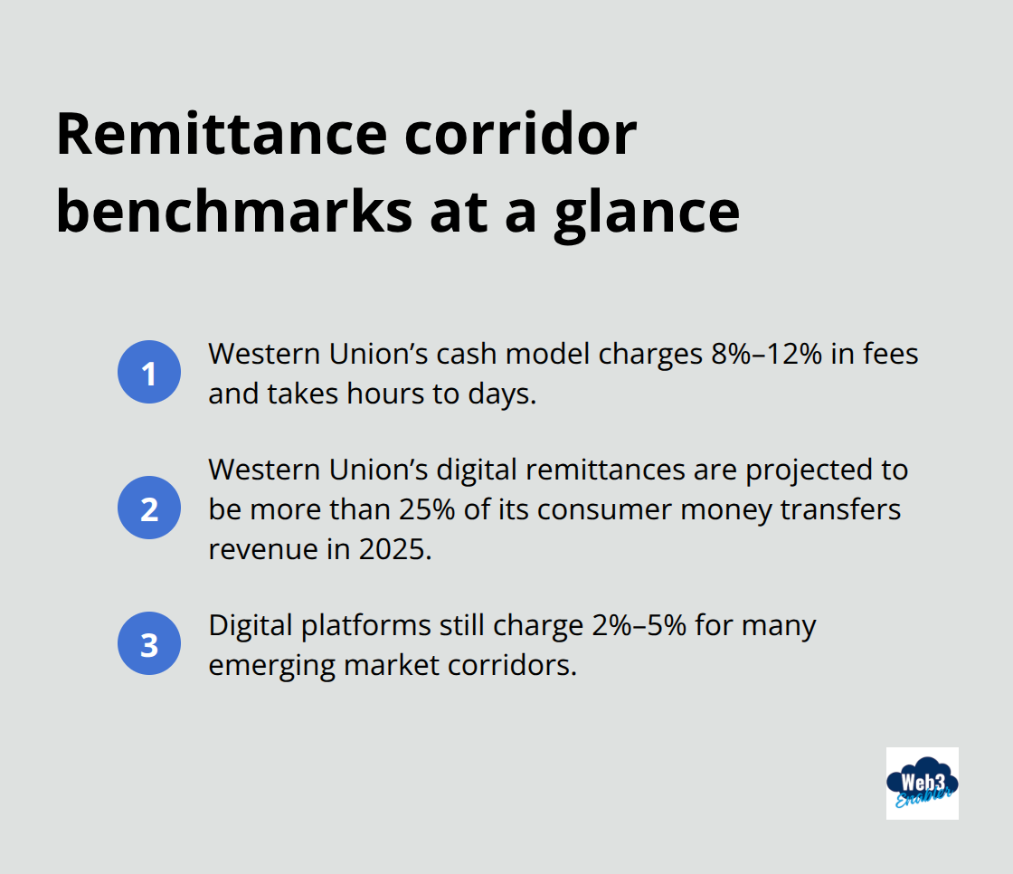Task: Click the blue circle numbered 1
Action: pyautogui.click(x=149, y=372)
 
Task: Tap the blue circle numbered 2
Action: pyautogui.click(x=149, y=508)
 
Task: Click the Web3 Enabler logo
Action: pyautogui.click(x=922, y=784)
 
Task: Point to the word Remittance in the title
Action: pyautogui.click(x=220, y=135)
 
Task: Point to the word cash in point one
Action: pyautogui.click(x=464, y=354)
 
